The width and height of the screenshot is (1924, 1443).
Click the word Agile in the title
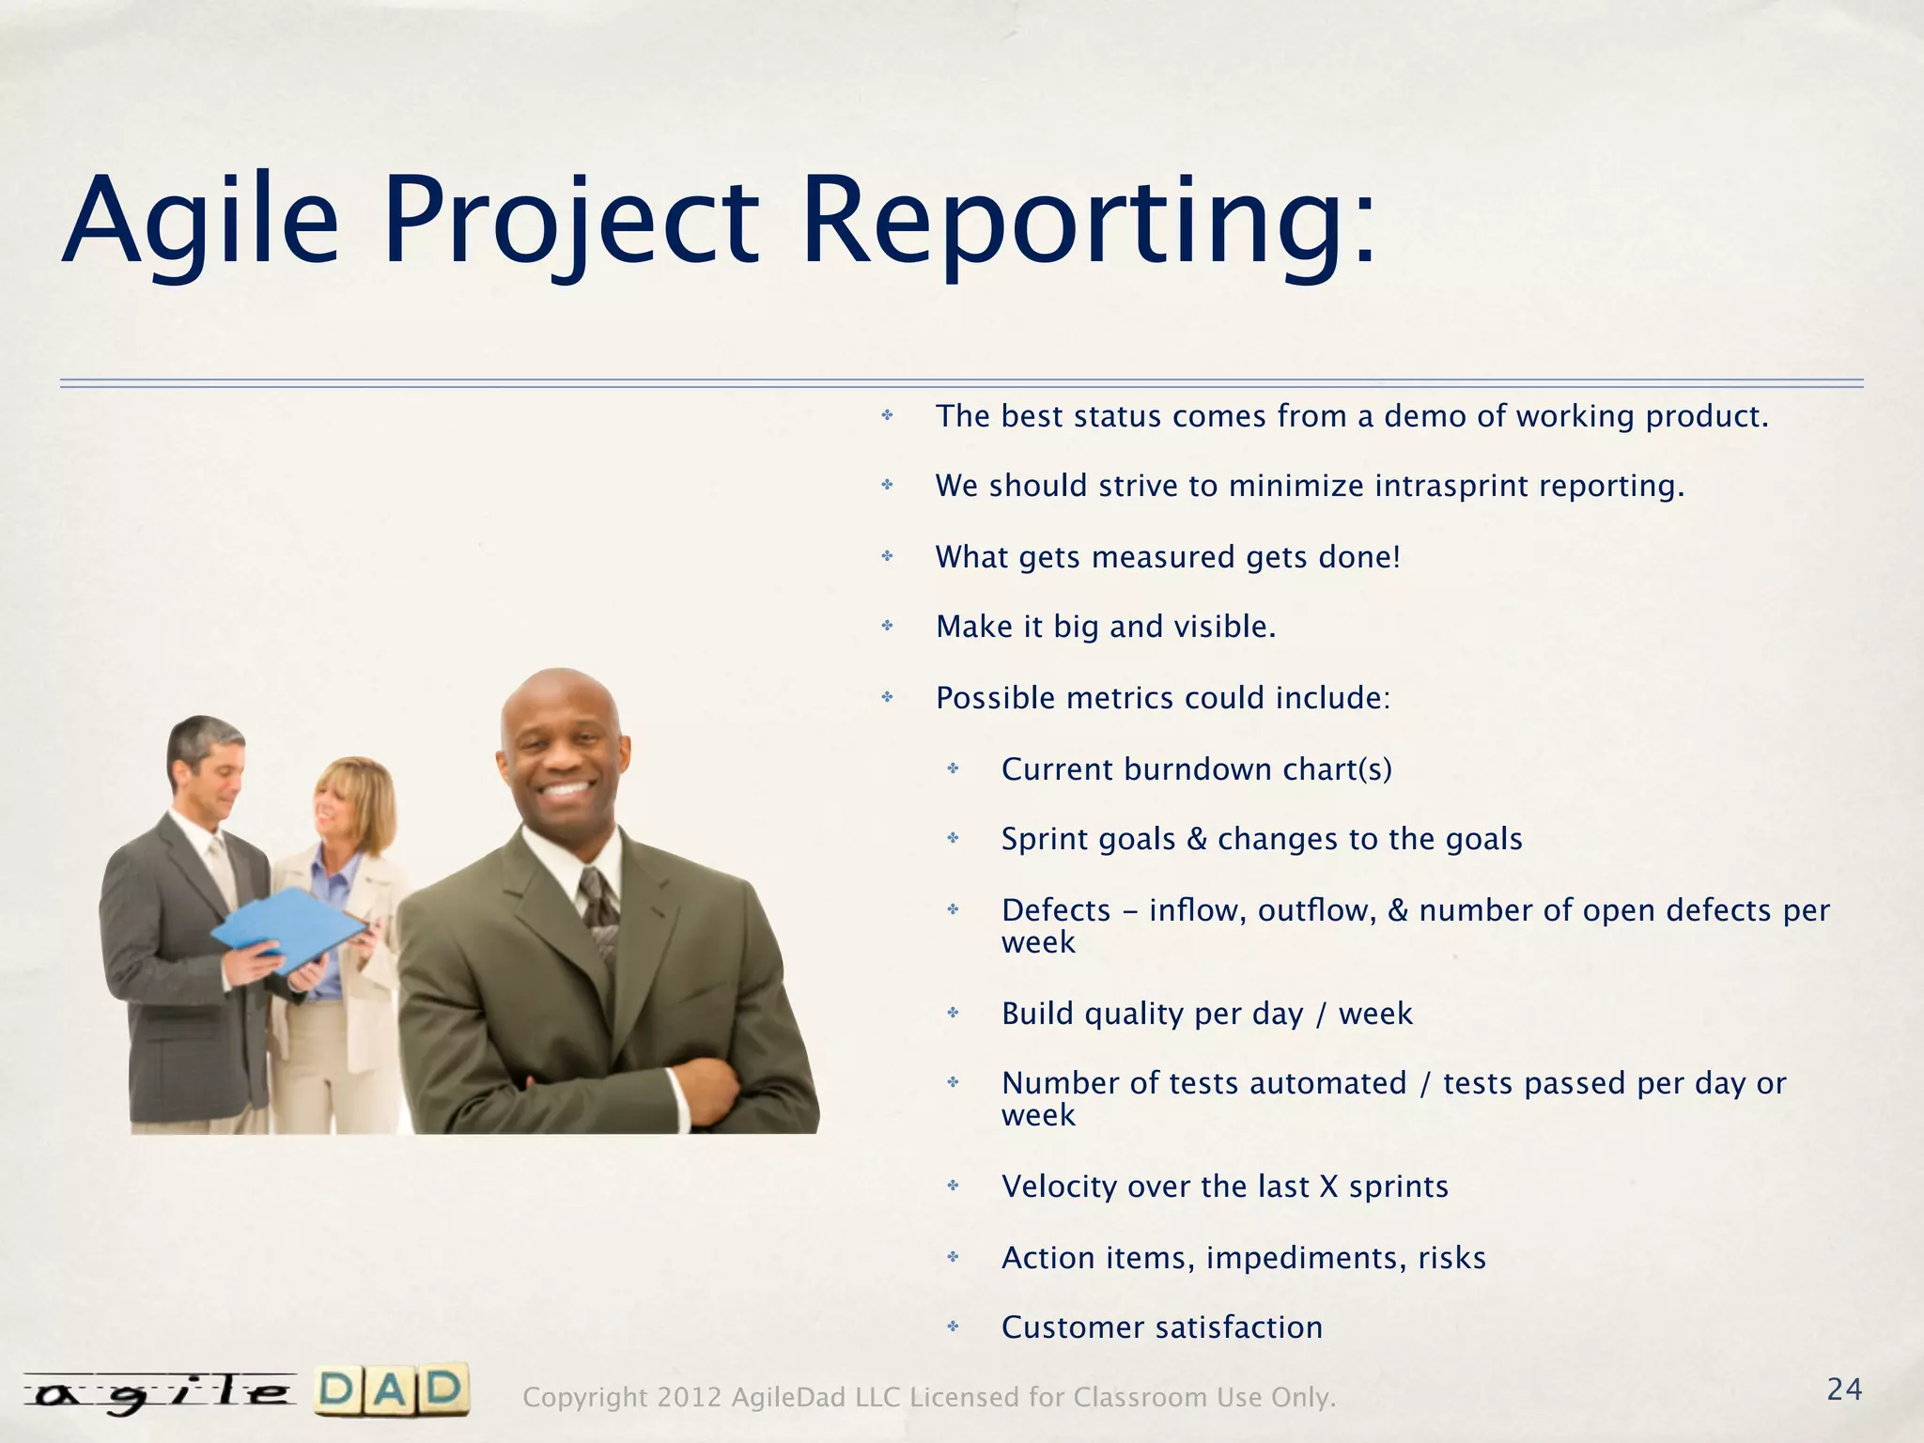tap(200, 222)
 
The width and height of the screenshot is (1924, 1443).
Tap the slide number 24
tap(1844, 1389)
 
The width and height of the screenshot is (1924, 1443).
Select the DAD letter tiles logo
tap(391, 1390)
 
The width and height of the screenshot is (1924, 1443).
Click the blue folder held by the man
tap(287, 930)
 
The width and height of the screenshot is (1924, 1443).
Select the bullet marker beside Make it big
tap(887, 626)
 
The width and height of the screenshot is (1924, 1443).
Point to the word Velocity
tap(1059, 1187)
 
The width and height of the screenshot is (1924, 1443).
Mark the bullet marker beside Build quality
tap(953, 1013)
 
